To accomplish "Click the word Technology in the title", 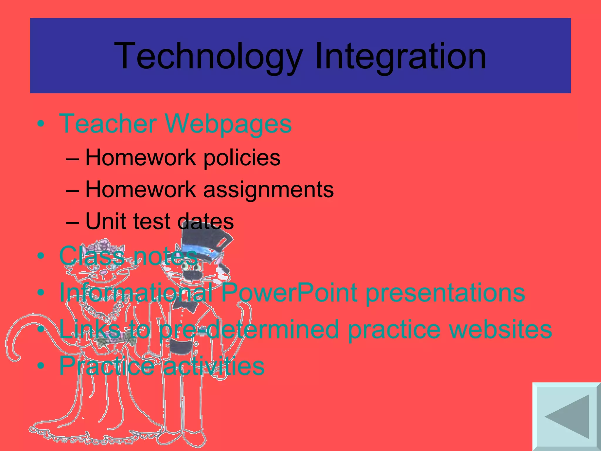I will [208, 56].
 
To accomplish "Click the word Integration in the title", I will [400, 56].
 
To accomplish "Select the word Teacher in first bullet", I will [108, 124].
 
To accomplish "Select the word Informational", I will [136, 292].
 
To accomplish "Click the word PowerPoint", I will [289, 292].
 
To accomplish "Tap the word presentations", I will [445, 293].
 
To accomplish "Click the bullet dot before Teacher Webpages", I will [41, 124].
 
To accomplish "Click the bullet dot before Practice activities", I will [41, 366].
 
